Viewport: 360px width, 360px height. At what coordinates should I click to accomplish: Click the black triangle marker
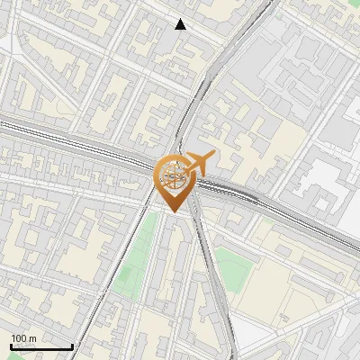pos(181,24)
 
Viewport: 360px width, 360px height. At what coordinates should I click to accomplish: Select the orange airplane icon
pos(196,164)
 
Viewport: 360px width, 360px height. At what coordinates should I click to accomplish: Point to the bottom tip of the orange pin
pos(173,212)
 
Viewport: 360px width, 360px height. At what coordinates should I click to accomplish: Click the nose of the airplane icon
pos(211,157)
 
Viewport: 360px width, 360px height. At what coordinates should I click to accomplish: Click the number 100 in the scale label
pos(19,338)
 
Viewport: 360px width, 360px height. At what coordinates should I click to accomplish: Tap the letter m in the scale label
pos(32,338)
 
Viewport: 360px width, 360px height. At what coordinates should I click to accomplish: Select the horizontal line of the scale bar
pos(41,346)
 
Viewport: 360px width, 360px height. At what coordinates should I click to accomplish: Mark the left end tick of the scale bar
pos(11,345)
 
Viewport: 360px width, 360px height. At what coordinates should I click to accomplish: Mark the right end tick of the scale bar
pos(72,345)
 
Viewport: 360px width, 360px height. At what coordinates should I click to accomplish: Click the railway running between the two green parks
pos(210,270)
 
